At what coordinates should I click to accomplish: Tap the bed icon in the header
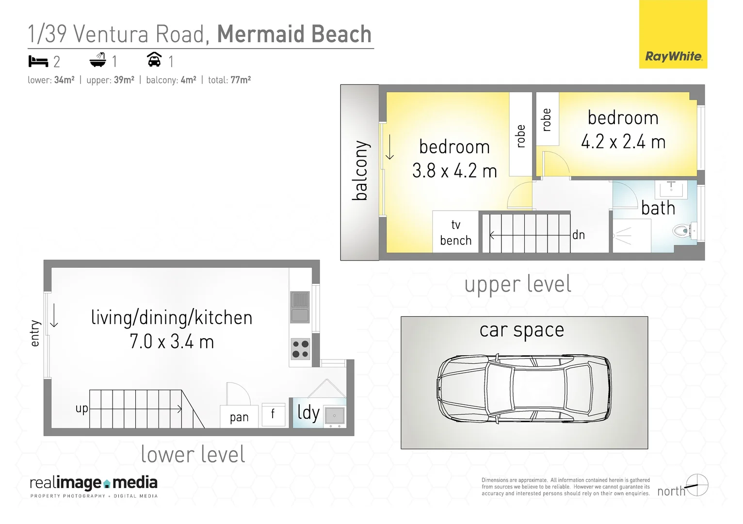(38, 61)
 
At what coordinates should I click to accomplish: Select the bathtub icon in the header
(98, 60)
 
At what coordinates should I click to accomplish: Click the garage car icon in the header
(154, 60)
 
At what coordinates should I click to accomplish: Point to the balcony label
(360, 171)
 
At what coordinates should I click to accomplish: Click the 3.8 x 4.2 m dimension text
(454, 171)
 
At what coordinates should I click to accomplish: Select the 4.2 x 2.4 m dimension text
(623, 142)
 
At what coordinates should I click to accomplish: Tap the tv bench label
(455, 232)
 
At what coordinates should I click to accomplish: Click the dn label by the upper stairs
(578, 235)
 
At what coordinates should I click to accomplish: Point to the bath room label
(658, 208)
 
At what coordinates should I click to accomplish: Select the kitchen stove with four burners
(300, 349)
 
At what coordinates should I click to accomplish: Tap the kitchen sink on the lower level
(300, 307)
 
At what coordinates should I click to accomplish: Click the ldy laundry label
(308, 412)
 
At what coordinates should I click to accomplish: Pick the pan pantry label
(239, 417)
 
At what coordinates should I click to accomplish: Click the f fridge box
(273, 414)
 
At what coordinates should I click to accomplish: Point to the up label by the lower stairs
(81, 409)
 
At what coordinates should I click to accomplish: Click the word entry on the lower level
(34, 333)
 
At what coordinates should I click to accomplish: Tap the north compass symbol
(697, 485)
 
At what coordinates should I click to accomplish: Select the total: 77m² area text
(229, 80)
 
